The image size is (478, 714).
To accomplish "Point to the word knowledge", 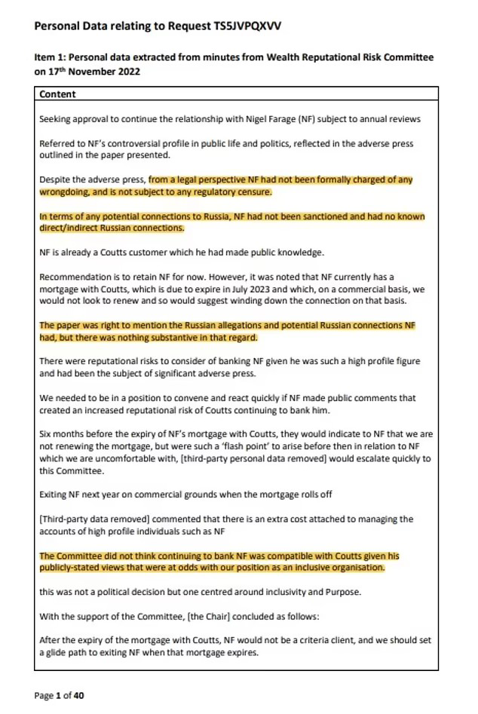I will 294,252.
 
